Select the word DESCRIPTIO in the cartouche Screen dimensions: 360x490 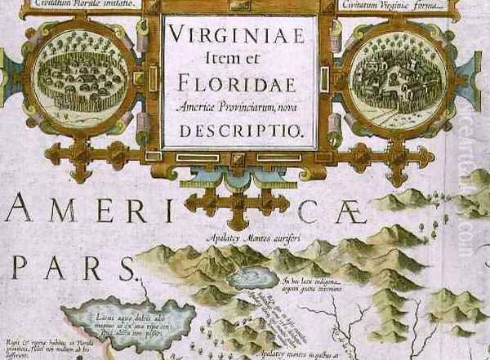click(x=238, y=129)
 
